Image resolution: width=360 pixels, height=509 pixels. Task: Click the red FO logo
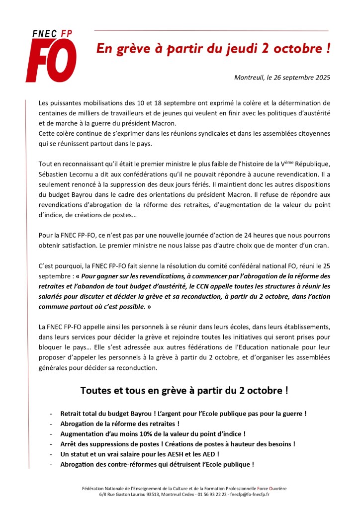[x=51, y=61]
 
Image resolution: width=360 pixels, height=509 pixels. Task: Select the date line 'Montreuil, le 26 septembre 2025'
[x=282, y=78]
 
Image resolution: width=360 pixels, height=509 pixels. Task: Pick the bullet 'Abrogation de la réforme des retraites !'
[x=119, y=424]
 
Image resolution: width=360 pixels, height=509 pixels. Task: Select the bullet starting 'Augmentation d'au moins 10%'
[x=153, y=434]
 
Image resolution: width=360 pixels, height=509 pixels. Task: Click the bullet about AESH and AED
[x=140, y=454]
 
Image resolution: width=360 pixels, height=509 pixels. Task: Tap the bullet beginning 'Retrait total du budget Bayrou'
[x=183, y=414]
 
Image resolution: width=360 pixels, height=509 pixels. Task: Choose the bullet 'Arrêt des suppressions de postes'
[x=178, y=444]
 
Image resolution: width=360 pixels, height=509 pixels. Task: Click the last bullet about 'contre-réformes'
[x=157, y=464]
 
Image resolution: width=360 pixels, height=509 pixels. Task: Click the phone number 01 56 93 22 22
[x=214, y=494]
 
